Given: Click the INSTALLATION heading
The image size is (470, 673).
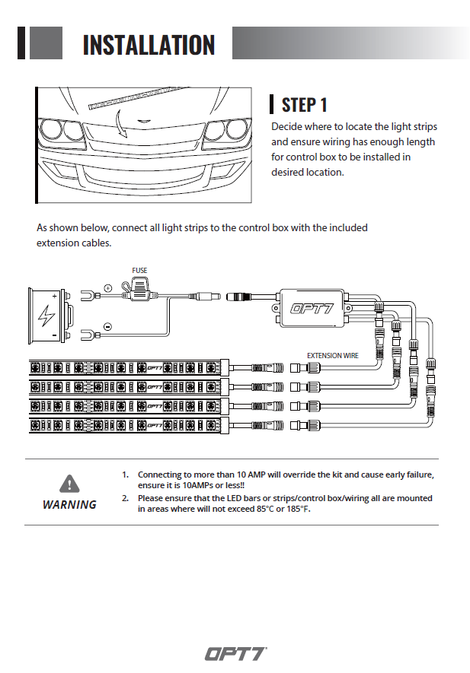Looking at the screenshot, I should pos(149,45).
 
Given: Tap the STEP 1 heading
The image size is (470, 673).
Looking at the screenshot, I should pos(305,104).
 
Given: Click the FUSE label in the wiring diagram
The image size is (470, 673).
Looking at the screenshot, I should pos(139,271).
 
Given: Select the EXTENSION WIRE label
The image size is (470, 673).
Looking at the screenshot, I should pos(332,355).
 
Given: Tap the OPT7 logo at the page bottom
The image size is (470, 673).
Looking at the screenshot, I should pos(235,653).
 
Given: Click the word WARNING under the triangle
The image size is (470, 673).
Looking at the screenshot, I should pos(69,504).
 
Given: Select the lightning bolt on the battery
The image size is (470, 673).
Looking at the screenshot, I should pos(47,314).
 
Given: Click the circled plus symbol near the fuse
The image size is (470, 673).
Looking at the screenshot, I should pos(108,288).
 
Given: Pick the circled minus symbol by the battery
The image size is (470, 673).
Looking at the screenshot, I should pos(107,327).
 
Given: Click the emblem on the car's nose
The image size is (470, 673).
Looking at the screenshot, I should pos(143,122).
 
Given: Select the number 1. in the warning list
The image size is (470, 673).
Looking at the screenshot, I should pos(126,475).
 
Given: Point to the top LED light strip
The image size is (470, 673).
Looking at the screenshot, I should pos(126,367).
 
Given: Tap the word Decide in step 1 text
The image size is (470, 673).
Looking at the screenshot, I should pos(286,127).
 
